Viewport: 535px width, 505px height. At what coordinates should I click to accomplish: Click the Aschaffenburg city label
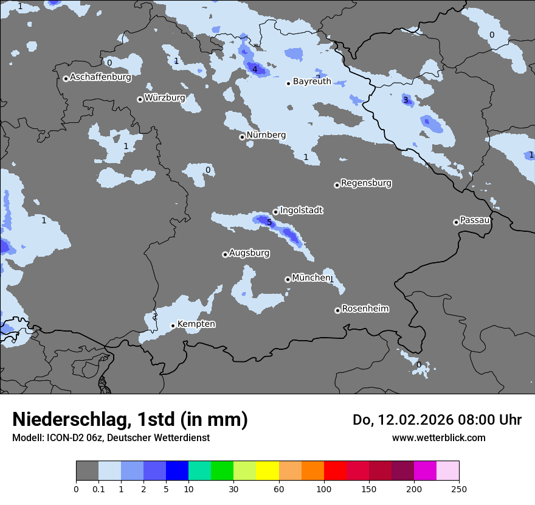pos(100,77)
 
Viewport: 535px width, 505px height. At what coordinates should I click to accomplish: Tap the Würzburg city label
pos(165,97)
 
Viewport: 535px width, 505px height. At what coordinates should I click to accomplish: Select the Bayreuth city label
pos(312,81)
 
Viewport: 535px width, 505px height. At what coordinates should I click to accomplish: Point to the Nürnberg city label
pos(266,135)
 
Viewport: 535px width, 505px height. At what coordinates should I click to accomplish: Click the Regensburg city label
pos(366,183)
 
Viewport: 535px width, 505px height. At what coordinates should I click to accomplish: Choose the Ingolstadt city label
pos(301,211)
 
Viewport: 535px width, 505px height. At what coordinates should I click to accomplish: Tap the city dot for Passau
pos(456,222)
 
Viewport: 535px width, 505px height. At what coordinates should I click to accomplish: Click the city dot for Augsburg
pos(225,254)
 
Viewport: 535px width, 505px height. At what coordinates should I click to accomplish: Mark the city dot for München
pos(288,279)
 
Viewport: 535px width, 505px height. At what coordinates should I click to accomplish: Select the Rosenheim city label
pos(365,309)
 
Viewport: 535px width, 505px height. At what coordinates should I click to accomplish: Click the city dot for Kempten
pos(173,326)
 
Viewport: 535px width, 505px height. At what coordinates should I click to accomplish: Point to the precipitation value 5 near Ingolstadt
pos(269,222)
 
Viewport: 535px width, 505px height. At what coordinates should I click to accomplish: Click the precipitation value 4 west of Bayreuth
pos(255,70)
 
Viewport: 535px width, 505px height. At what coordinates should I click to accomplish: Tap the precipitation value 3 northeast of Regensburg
pos(406,100)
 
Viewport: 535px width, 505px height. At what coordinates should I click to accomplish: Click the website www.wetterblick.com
pos(438,437)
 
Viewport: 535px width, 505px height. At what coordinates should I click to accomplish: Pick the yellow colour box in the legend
pos(267,471)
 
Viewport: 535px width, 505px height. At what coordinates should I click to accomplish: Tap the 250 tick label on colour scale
pos(459,489)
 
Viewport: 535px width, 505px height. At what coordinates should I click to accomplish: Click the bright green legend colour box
pos(222,471)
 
